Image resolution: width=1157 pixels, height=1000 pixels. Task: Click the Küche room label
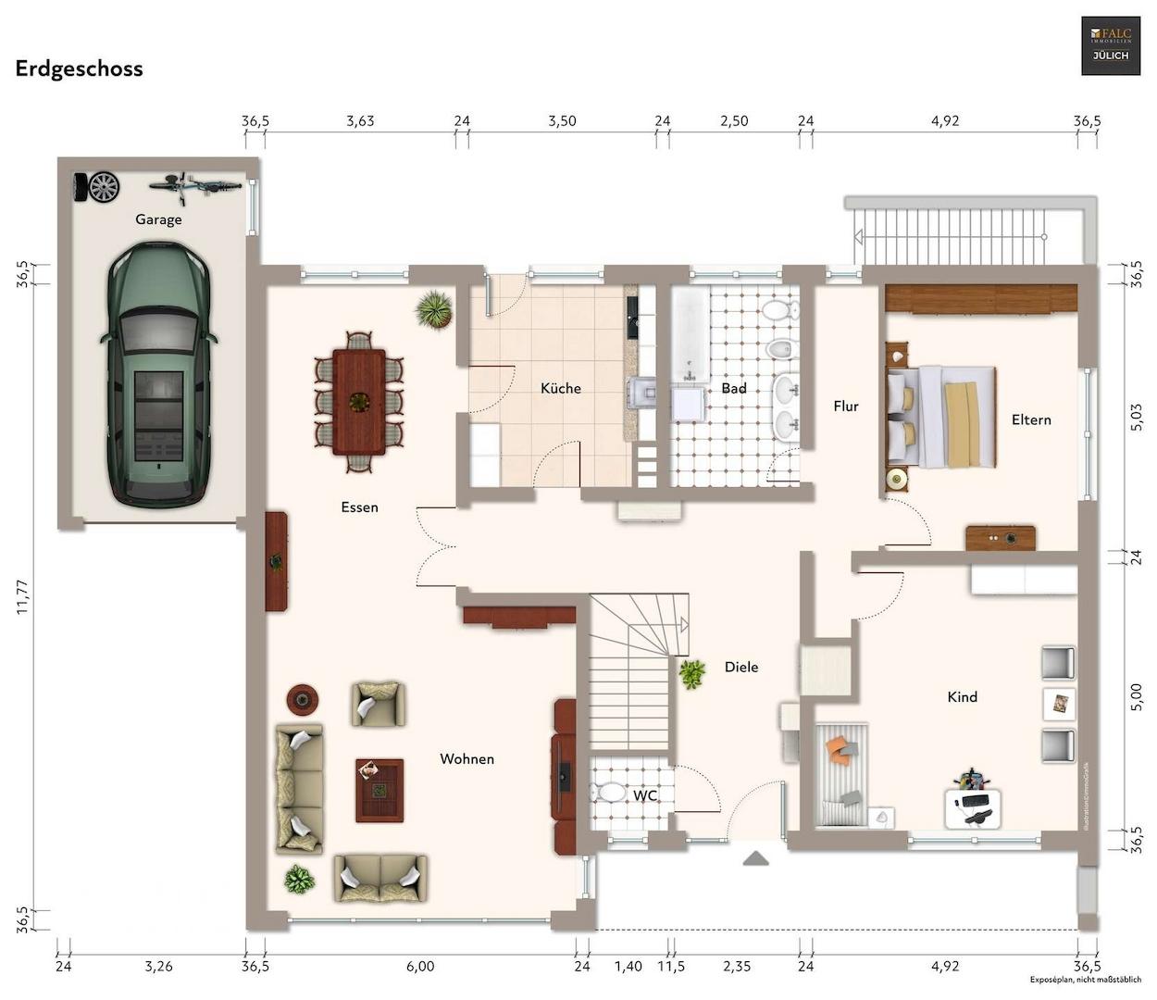[x=561, y=389]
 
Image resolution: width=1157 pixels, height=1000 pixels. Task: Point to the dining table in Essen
[x=359, y=401]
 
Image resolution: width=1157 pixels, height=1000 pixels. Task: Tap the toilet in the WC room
[x=610, y=794]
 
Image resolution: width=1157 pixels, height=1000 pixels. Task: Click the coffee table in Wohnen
[x=379, y=790]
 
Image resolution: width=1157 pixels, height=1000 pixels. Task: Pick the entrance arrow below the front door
[x=756, y=858]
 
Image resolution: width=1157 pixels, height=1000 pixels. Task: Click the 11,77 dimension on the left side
[x=23, y=597]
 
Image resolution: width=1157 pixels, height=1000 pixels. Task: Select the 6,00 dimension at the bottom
[x=420, y=967]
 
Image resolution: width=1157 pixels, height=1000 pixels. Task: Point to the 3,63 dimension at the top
[x=360, y=121]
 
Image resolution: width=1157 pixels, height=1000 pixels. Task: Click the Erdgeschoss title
[x=79, y=69]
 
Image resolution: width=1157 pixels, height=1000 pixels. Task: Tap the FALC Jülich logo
[x=1111, y=45]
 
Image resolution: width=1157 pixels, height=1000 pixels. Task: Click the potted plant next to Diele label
[x=691, y=673]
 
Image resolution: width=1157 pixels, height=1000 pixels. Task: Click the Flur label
[x=846, y=406]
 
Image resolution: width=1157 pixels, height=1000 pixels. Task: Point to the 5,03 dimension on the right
[x=1137, y=416]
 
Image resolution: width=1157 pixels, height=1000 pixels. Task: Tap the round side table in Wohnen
[x=303, y=699]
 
